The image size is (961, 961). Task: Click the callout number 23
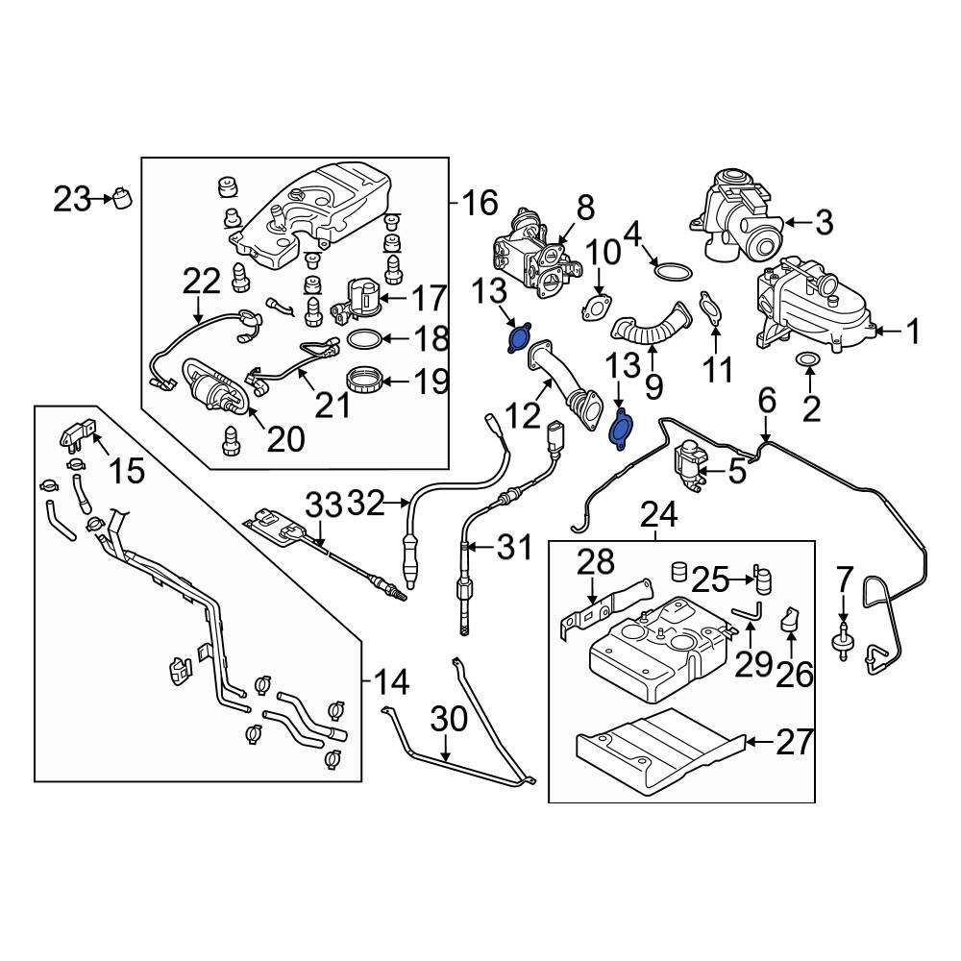pyautogui.click(x=69, y=200)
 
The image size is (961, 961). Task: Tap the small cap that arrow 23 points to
pyautogui.click(x=122, y=198)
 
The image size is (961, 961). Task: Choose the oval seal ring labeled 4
pyautogui.click(x=673, y=270)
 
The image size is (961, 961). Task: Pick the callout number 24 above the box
pyautogui.click(x=660, y=517)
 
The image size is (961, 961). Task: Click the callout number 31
pyautogui.click(x=513, y=549)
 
